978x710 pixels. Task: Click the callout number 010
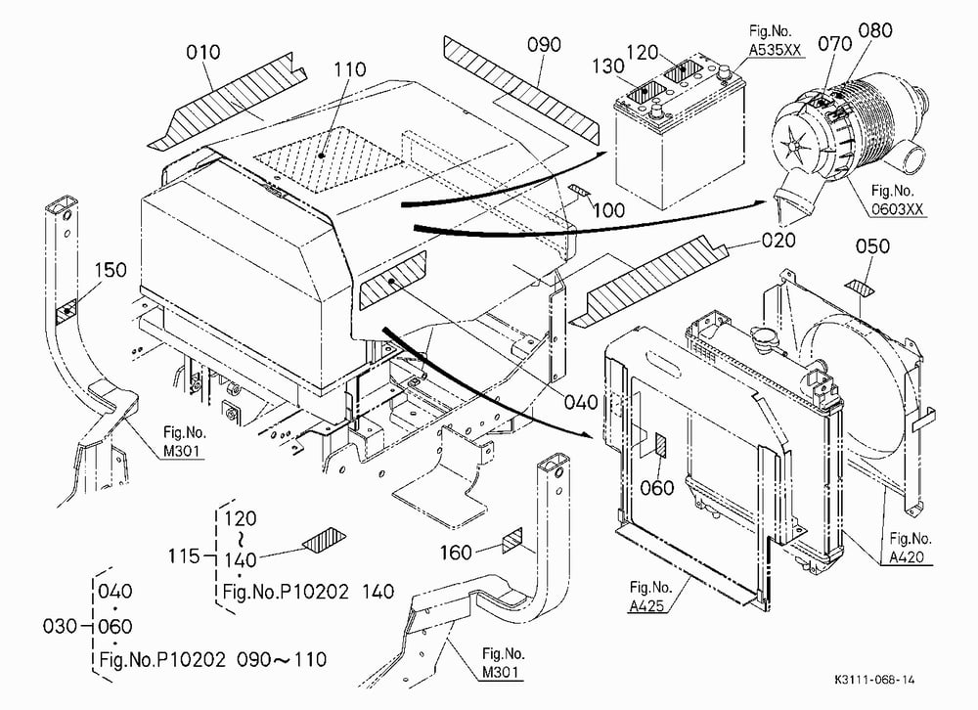pos(203,52)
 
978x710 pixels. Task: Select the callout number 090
pos(544,45)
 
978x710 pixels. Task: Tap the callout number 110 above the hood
pos(349,69)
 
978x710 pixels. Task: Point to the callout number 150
pos(111,270)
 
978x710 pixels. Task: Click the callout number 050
pos(872,246)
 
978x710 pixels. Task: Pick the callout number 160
pos(456,553)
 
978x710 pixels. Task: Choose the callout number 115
pos(184,555)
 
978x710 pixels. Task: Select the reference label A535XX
pos(775,51)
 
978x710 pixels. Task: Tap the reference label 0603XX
pos(897,209)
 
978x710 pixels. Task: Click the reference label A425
pos(646,605)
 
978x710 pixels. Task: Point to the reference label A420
pos(907,557)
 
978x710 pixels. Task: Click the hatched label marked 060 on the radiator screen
pos(660,446)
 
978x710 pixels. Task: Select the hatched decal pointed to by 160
pos(512,540)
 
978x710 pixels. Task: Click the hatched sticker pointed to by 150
pos(67,311)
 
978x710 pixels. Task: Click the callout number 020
pos(778,241)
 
